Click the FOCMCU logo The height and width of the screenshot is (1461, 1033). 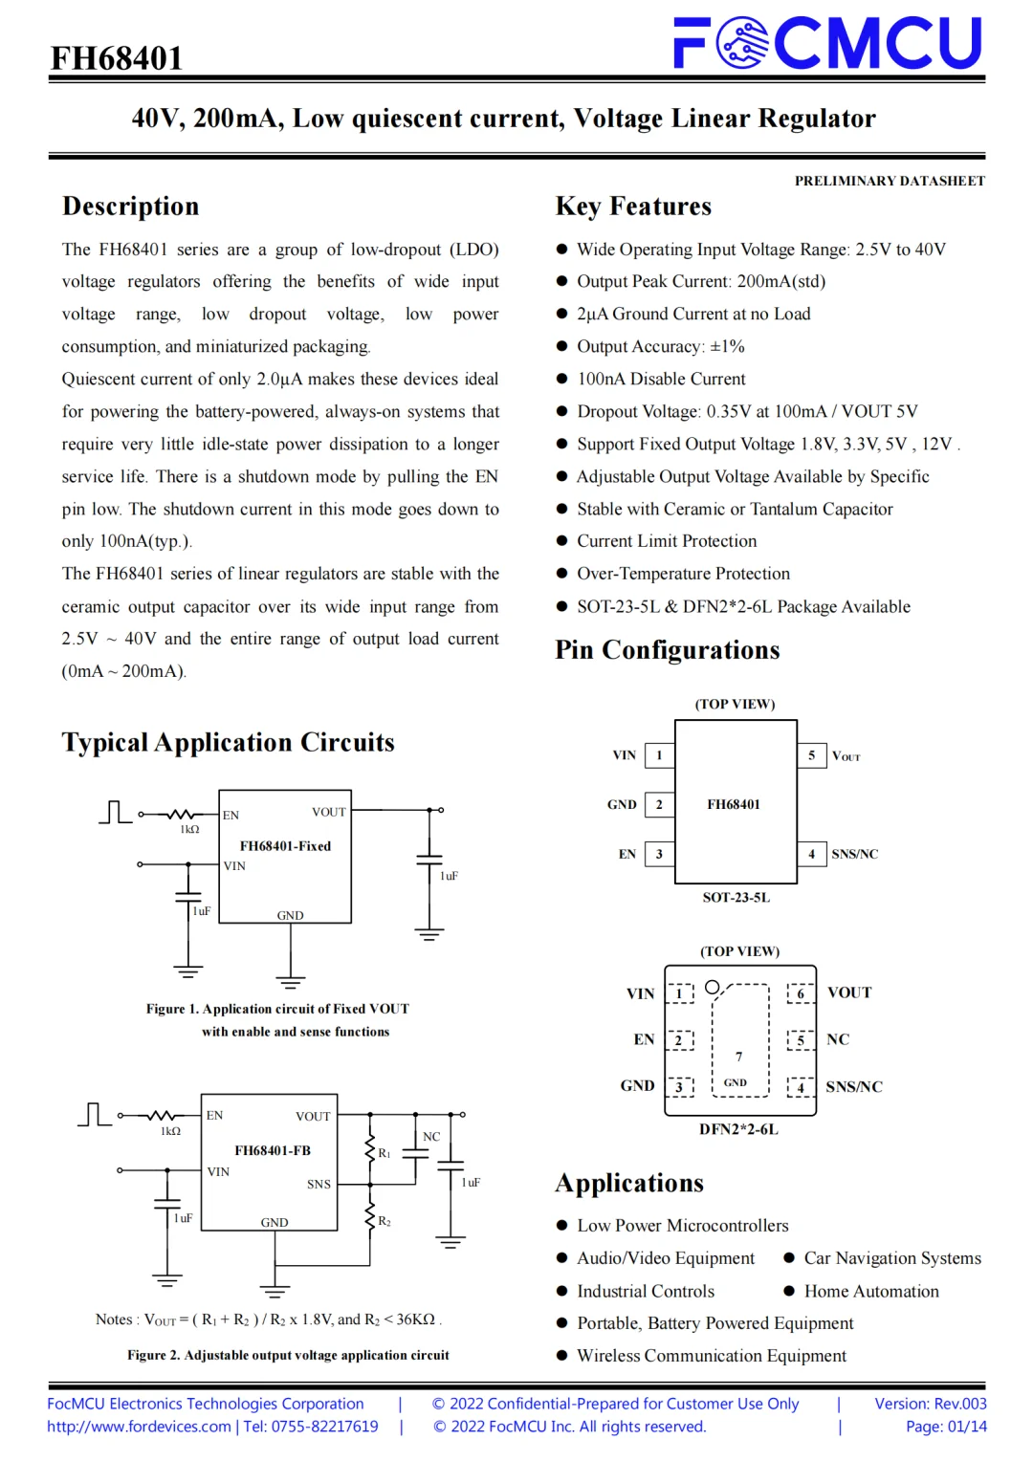point(827,43)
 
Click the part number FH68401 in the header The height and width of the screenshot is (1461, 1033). point(117,58)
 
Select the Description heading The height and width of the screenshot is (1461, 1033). point(131,207)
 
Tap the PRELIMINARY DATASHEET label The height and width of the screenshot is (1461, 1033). point(889,181)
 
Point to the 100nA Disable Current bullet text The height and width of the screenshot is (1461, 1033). point(661,379)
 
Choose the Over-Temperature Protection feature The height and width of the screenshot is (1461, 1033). point(683,574)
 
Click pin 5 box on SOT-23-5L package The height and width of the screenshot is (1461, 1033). point(811,755)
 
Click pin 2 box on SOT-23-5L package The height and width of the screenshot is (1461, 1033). point(659,804)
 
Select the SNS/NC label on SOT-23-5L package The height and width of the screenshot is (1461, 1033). point(854,854)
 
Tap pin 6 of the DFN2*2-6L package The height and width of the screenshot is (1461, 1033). point(801,993)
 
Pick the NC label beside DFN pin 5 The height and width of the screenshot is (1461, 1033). point(838,1039)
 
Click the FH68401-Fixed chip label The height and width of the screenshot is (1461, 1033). point(285,846)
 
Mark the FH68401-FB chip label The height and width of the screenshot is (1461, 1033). point(273,1150)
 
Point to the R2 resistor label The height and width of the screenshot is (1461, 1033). point(385,1221)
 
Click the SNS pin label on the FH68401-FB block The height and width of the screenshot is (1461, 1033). point(319,1184)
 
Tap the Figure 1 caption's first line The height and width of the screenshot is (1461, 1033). point(277,1009)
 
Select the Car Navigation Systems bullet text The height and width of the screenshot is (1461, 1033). point(892,1258)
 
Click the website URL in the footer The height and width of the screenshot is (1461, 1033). point(139,1427)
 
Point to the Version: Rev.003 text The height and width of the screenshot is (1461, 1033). point(930,1404)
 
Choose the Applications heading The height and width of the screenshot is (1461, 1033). point(629,1184)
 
